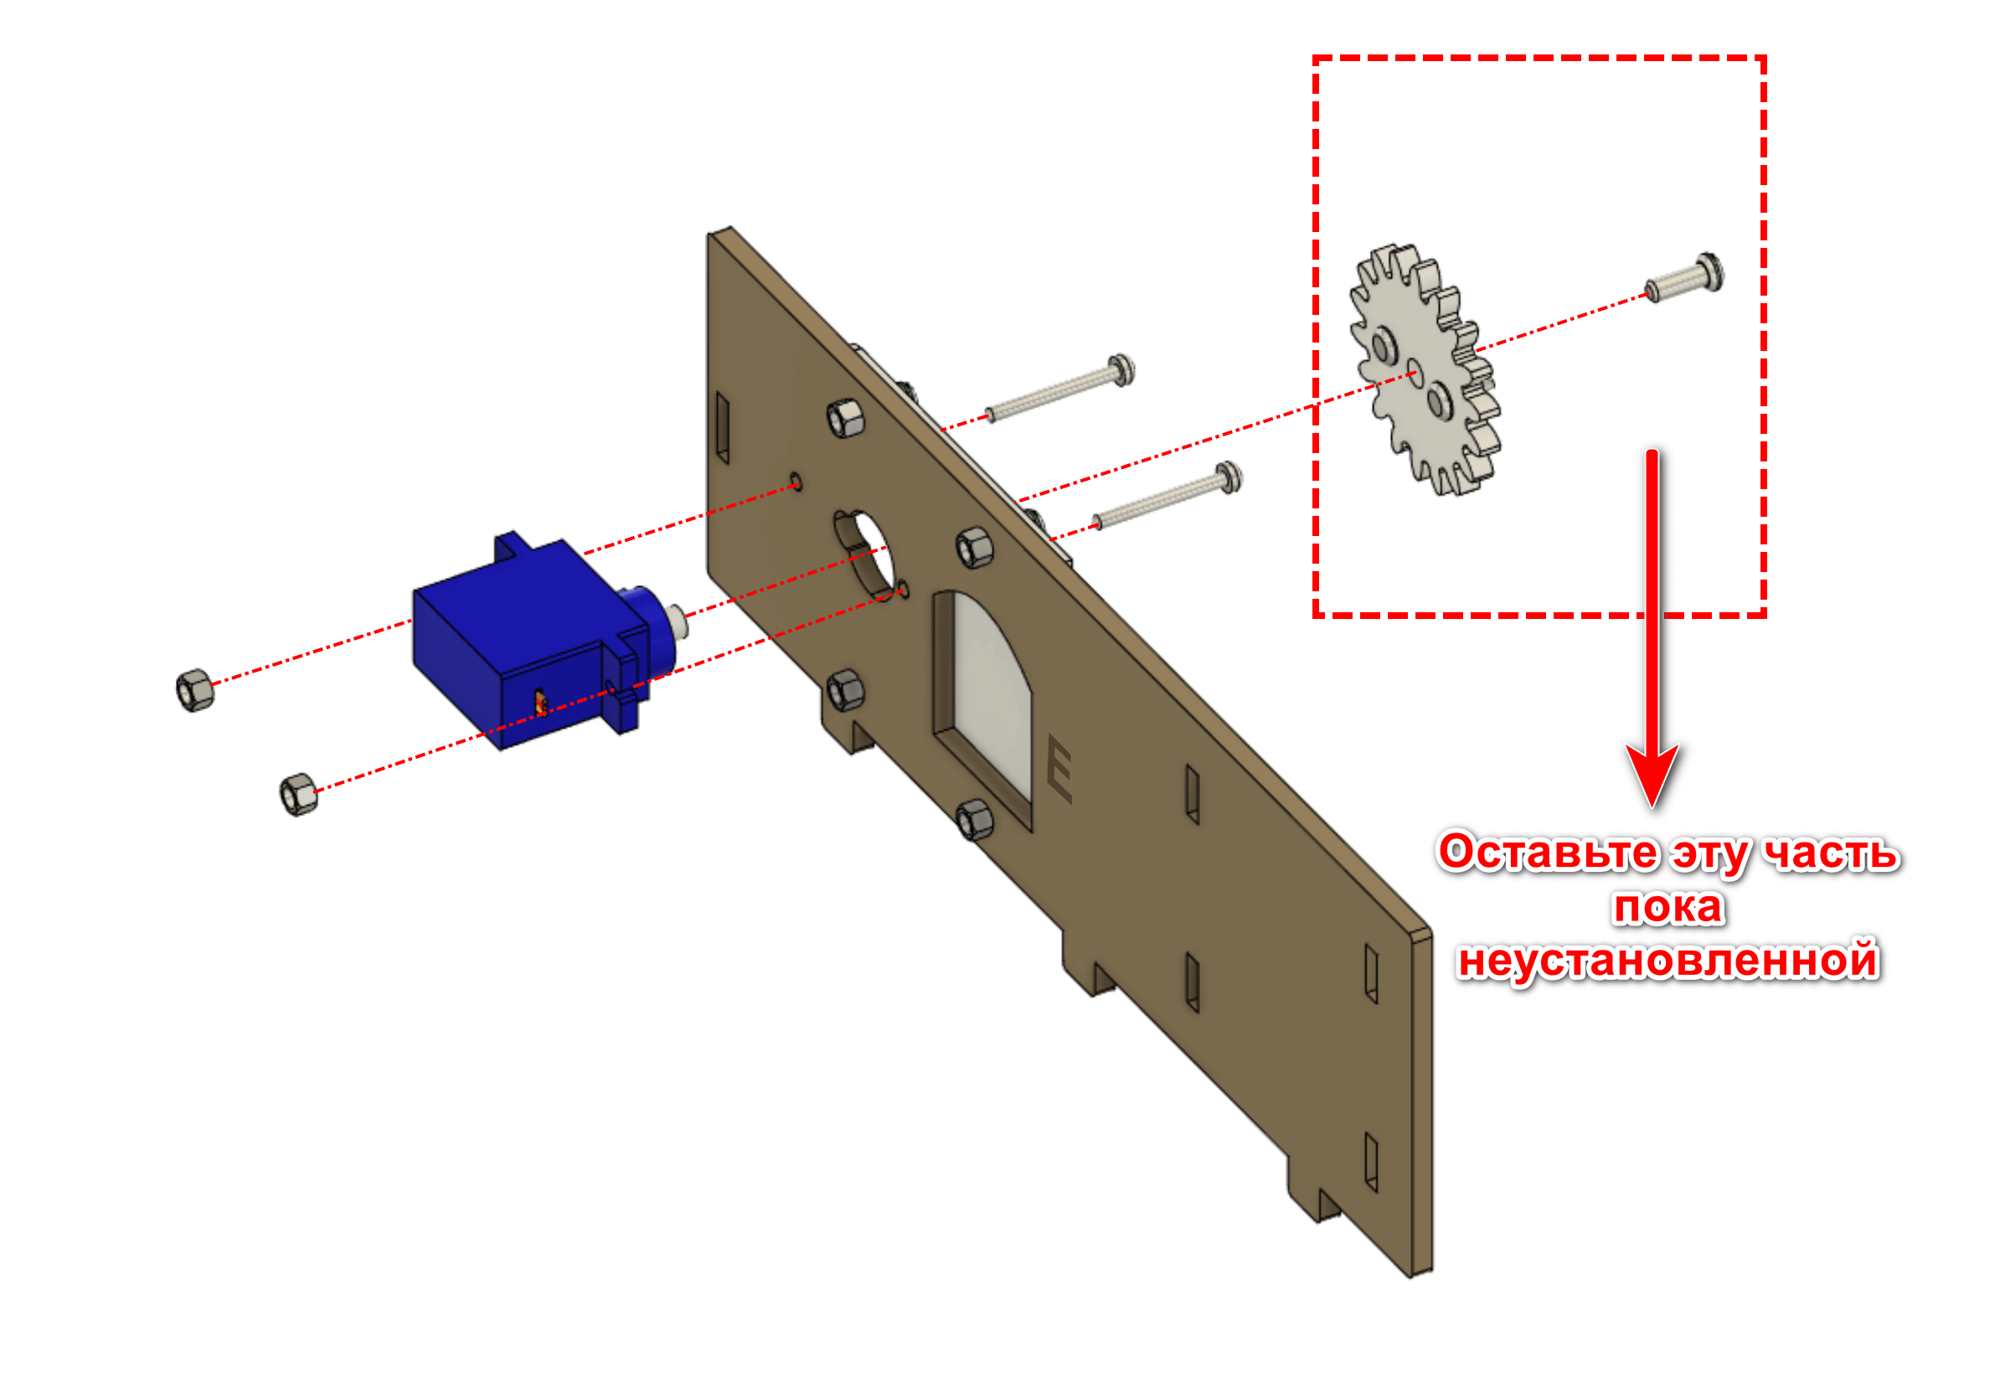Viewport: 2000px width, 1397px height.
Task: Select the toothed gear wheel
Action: [x=1425, y=369]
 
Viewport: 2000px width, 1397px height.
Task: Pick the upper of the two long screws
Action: [x=1059, y=389]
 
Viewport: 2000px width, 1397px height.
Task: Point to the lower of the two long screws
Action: [x=1168, y=496]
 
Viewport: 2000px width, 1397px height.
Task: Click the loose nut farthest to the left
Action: [x=194, y=690]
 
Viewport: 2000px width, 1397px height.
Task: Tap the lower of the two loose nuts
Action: [x=299, y=794]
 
